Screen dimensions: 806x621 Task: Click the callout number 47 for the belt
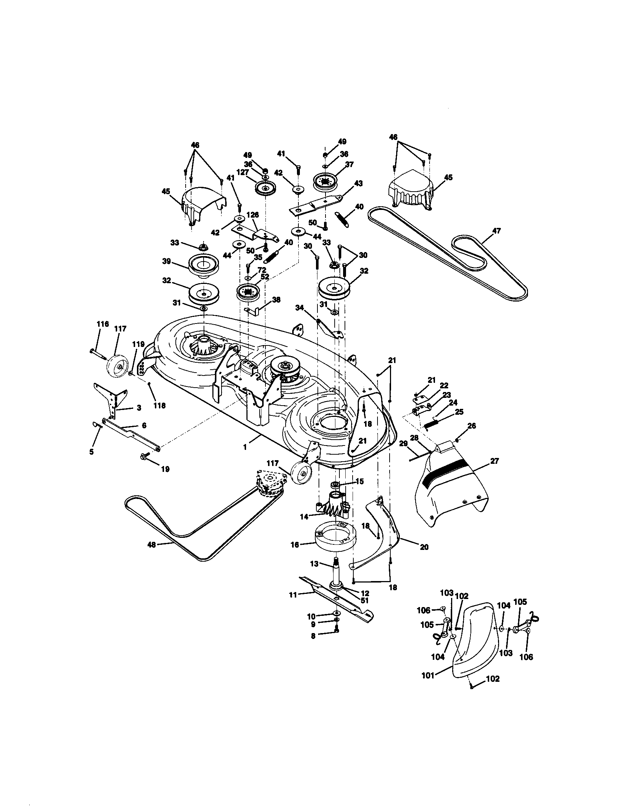point(497,231)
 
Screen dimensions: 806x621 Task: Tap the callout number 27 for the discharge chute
point(494,461)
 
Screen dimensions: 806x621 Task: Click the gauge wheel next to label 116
point(118,365)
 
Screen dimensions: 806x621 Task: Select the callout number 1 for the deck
point(244,447)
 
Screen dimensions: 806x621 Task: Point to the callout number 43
point(358,184)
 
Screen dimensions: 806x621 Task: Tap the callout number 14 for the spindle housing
point(304,517)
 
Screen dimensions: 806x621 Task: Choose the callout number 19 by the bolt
point(165,469)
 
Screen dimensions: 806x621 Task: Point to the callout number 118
point(160,406)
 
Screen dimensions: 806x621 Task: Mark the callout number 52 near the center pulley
point(264,276)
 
